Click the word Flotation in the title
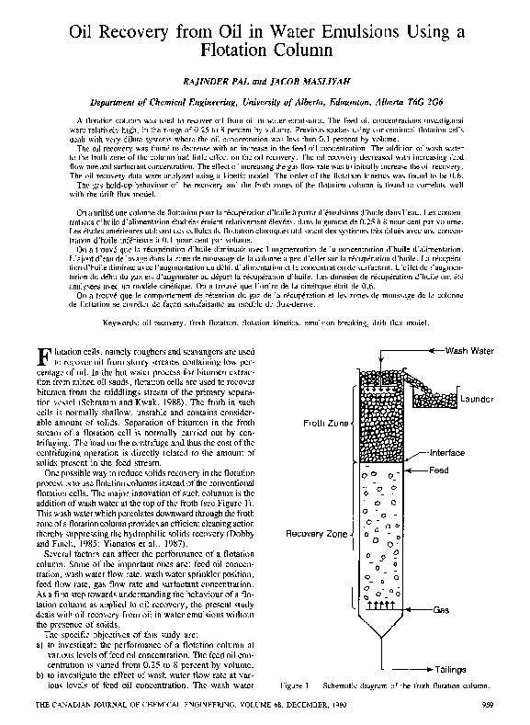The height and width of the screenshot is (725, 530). [x=265, y=53]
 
